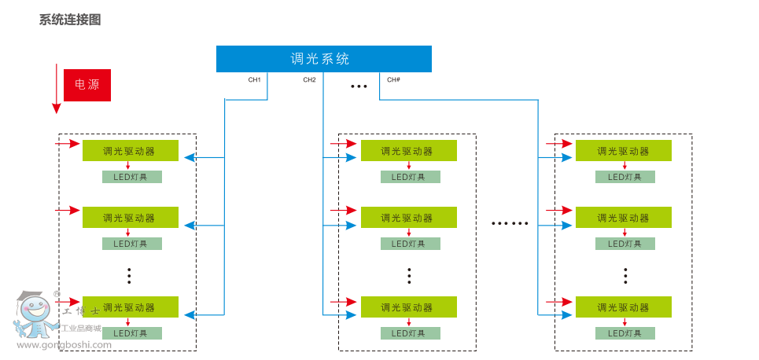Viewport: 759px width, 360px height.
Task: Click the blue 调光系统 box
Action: [324, 59]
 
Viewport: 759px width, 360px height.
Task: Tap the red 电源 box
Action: [87, 85]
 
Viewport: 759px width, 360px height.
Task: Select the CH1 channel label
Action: [254, 79]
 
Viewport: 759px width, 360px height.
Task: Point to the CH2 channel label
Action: [309, 79]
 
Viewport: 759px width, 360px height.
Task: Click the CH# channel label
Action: [394, 79]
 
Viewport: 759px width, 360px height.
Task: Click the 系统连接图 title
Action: [70, 20]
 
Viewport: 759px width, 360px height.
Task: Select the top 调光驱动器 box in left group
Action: [131, 151]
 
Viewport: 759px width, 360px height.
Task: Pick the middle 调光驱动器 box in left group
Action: [131, 218]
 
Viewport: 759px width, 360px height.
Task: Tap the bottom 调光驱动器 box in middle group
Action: [408, 307]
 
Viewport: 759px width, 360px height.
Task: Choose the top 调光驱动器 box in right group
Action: [623, 151]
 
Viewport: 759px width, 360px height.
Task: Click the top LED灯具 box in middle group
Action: [410, 177]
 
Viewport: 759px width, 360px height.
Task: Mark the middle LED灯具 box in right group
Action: [625, 244]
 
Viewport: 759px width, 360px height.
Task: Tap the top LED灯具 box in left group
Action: [131, 177]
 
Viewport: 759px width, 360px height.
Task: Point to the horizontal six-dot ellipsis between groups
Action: [510, 223]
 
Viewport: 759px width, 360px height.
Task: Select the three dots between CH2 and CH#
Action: [359, 86]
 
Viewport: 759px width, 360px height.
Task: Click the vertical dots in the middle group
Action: [410, 275]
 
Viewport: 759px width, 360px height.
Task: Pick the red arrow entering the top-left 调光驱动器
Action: [68, 144]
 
